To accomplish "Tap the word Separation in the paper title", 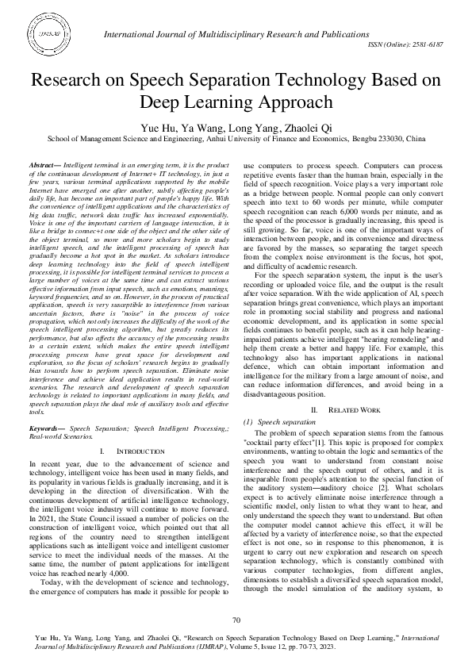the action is click(245, 81).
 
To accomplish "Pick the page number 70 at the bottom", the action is click(236, 620).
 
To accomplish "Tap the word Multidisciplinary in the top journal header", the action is click(235, 32).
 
